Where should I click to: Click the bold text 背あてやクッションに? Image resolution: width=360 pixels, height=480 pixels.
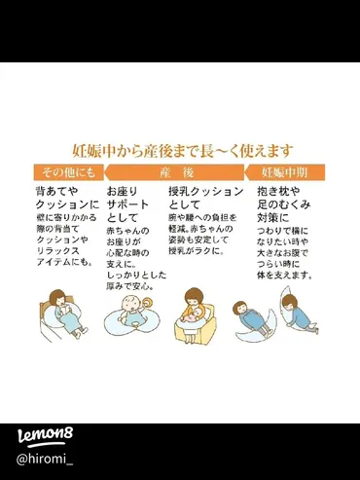[x=66, y=200]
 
